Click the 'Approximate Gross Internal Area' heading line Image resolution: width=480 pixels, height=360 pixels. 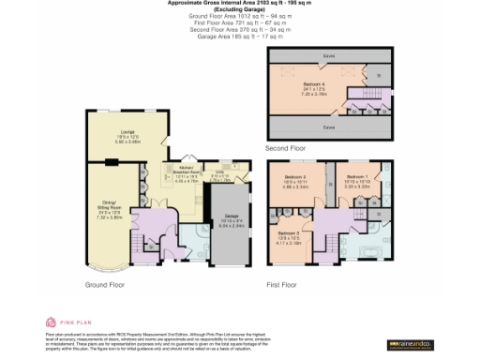point(239,4)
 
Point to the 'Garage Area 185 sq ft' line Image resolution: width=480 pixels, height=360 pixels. point(239,37)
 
